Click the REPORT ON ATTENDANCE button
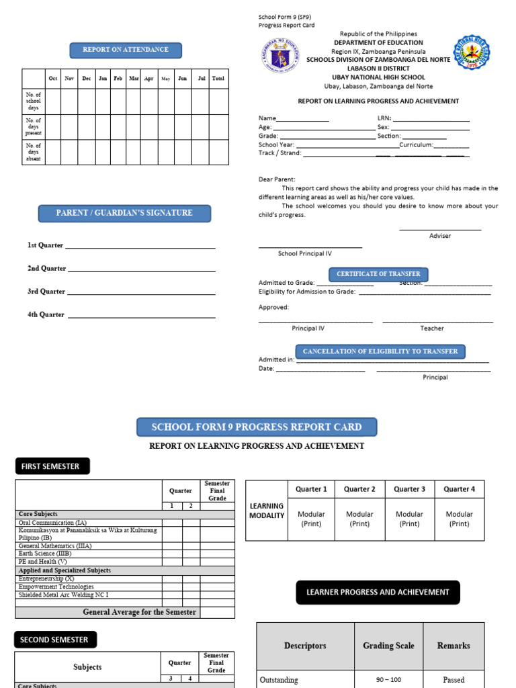click(126, 50)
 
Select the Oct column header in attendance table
click(53, 79)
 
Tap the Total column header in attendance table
click(218, 79)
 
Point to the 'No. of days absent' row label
click(34, 153)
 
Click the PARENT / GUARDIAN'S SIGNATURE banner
click(124, 213)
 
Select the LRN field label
click(384, 118)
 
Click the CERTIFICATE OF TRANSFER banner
click(378, 274)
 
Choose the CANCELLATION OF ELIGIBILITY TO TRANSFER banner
click(380, 351)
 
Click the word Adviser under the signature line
click(440, 236)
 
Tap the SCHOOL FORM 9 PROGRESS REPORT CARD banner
click(257, 427)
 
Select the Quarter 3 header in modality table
click(409, 489)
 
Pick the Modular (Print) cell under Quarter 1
click(311, 519)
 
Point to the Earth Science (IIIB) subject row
click(45, 554)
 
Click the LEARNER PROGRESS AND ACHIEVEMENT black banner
click(378, 593)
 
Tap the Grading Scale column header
click(388, 646)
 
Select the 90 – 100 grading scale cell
click(388, 679)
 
